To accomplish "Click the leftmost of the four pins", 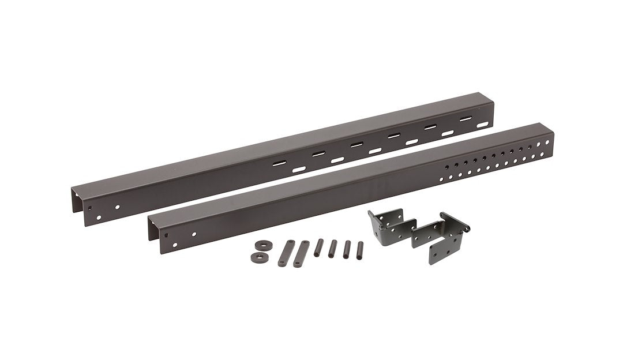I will tap(318, 247).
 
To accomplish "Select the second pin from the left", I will tap(333, 248).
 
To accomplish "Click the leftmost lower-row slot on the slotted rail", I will tap(298, 170).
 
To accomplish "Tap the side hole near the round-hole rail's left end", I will tap(193, 234).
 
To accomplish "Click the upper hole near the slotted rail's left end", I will tap(118, 207).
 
